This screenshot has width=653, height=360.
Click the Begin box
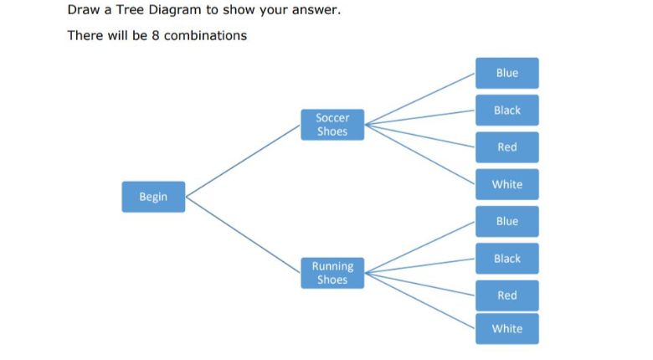(x=153, y=197)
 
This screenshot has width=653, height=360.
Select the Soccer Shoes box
(x=332, y=125)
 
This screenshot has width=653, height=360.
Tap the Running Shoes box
(x=332, y=273)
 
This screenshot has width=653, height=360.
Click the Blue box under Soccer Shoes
(x=506, y=73)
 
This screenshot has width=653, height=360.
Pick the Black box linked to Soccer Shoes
(x=506, y=110)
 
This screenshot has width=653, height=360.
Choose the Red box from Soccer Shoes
(x=506, y=147)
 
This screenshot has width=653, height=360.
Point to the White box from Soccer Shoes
(x=506, y=184)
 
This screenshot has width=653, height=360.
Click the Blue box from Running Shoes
(x=506, y=221)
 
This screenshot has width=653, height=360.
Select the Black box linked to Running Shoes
(x=506, y=258)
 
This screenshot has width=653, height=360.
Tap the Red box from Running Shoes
(x=506, y=295)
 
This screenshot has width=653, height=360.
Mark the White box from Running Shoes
(x=506, y=328)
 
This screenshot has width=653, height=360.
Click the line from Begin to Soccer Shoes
(x=243, y=160)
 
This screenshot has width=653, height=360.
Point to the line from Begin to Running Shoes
(x=243, y=235)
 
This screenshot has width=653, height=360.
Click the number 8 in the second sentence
(x=156, y=35)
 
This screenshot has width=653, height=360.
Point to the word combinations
(x=205, y=35)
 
